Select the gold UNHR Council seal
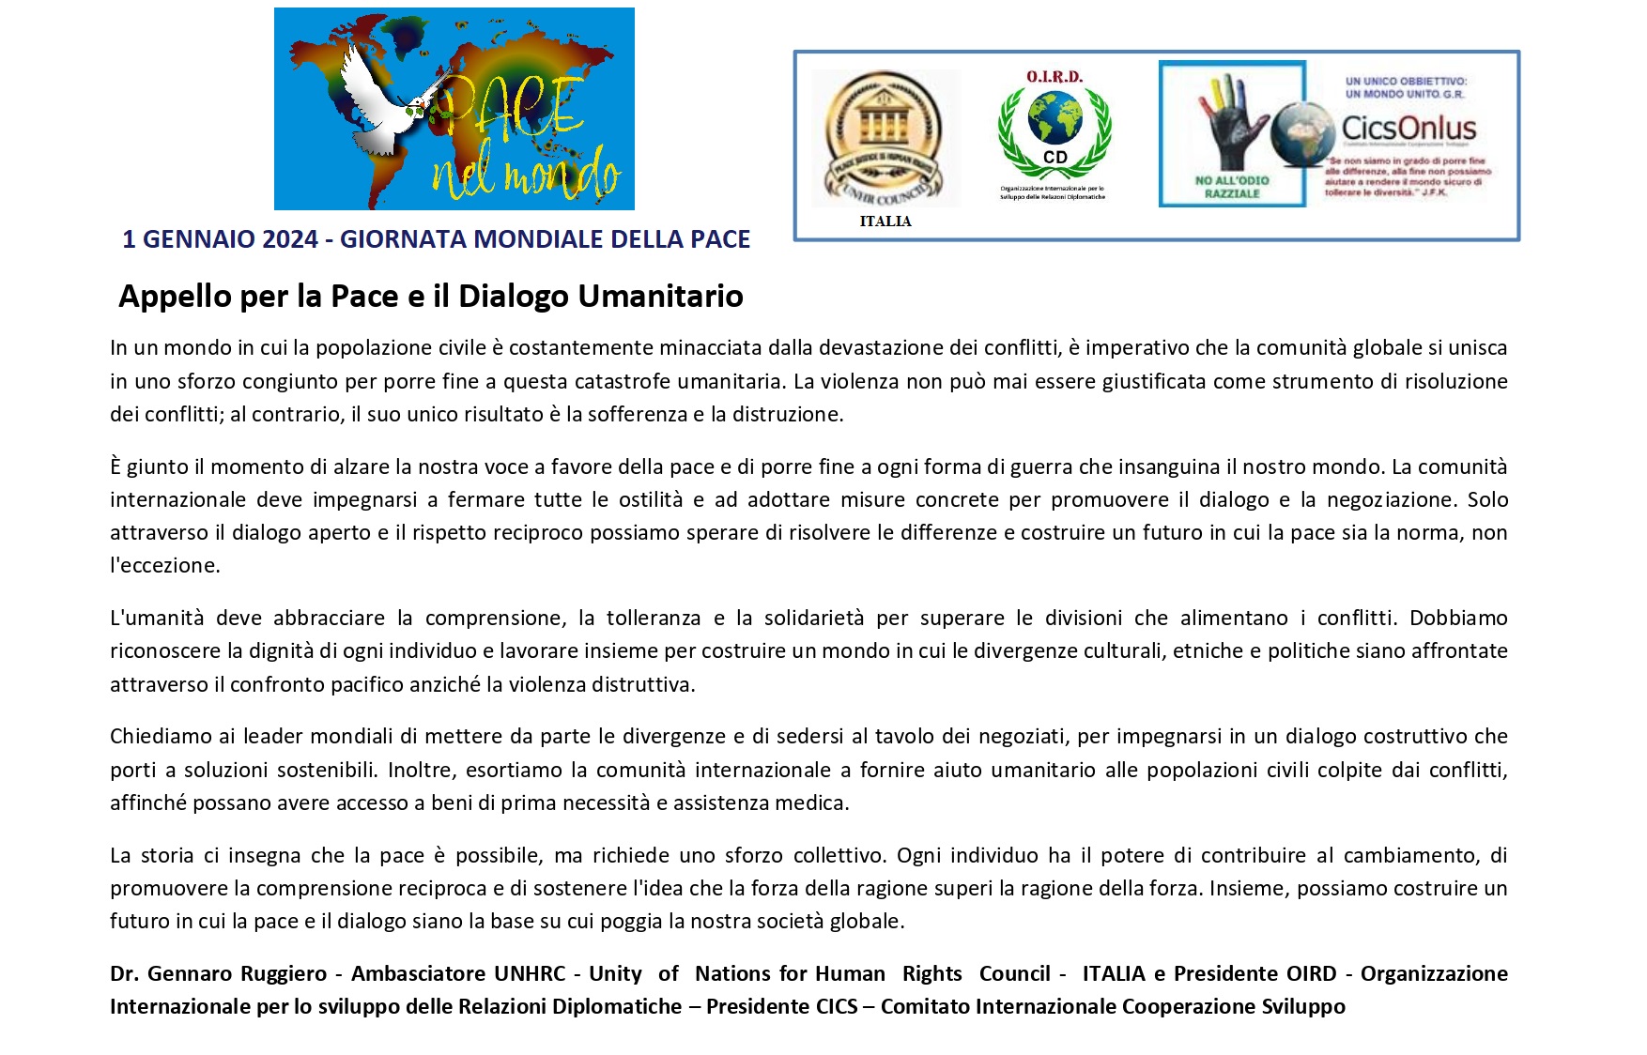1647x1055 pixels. pos(884,139)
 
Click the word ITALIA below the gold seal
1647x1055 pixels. pos(885,222)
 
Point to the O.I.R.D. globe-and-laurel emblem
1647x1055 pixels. pos(1054,127)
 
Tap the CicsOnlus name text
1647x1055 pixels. pos(1408,129)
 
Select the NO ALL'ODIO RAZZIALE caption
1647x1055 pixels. pos(1232,187)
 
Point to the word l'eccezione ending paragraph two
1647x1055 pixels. pos(165,566)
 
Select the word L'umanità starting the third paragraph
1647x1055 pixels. pos(157,619)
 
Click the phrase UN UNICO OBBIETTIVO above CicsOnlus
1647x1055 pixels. pos(1406,82)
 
